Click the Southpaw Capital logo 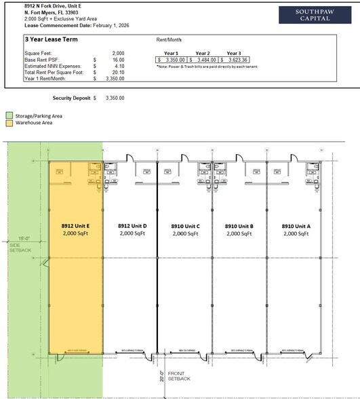click(313, 14)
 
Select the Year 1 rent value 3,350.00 click(174, 60)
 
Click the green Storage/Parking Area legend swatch click(9, 116)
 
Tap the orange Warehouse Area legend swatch click(9, 123)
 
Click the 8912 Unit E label click(76, 225)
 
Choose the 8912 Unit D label click(132, 225)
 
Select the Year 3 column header click(234, 53)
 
